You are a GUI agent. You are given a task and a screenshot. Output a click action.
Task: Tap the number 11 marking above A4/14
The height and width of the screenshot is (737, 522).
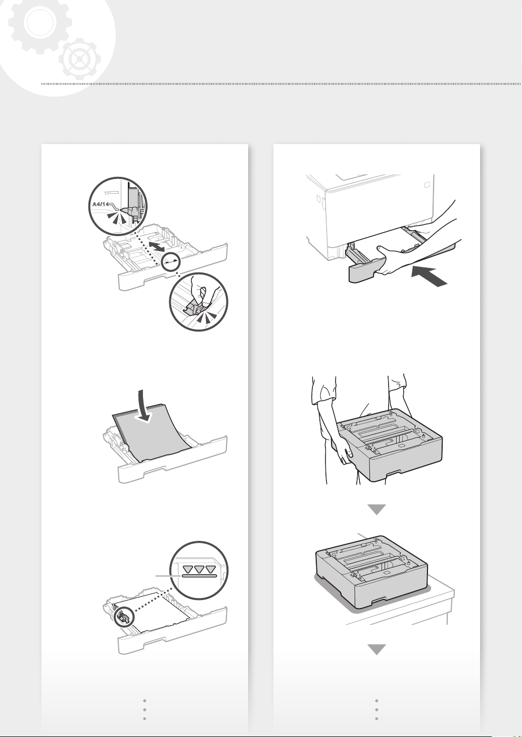(x=107, y=193)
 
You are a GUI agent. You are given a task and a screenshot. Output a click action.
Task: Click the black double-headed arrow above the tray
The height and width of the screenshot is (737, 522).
(x=156, y=246)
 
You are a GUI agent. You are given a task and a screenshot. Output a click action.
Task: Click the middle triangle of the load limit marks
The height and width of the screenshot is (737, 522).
(x=199, y=570)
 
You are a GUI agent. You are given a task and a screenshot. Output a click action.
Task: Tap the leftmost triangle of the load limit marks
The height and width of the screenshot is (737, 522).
(x=188, y=570)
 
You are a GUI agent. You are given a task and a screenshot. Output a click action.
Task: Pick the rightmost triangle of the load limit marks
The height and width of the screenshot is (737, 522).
(x=210, y=570)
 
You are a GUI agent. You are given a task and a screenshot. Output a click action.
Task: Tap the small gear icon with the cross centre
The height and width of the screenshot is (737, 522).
(x=79, y=59)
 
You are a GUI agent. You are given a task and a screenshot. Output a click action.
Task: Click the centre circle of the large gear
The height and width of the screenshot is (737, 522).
(x=39, y=22)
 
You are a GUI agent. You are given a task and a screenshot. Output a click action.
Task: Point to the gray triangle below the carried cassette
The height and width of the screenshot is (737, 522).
(x=376, y=510)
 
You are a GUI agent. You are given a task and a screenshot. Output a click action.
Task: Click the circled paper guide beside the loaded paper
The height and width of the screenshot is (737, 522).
(x=123, y=617)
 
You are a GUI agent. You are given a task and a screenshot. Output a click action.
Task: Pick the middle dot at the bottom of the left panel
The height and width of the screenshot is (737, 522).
(x=145, y=710)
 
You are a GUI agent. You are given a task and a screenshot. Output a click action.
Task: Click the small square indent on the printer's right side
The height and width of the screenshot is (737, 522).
(x=426, y=185)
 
